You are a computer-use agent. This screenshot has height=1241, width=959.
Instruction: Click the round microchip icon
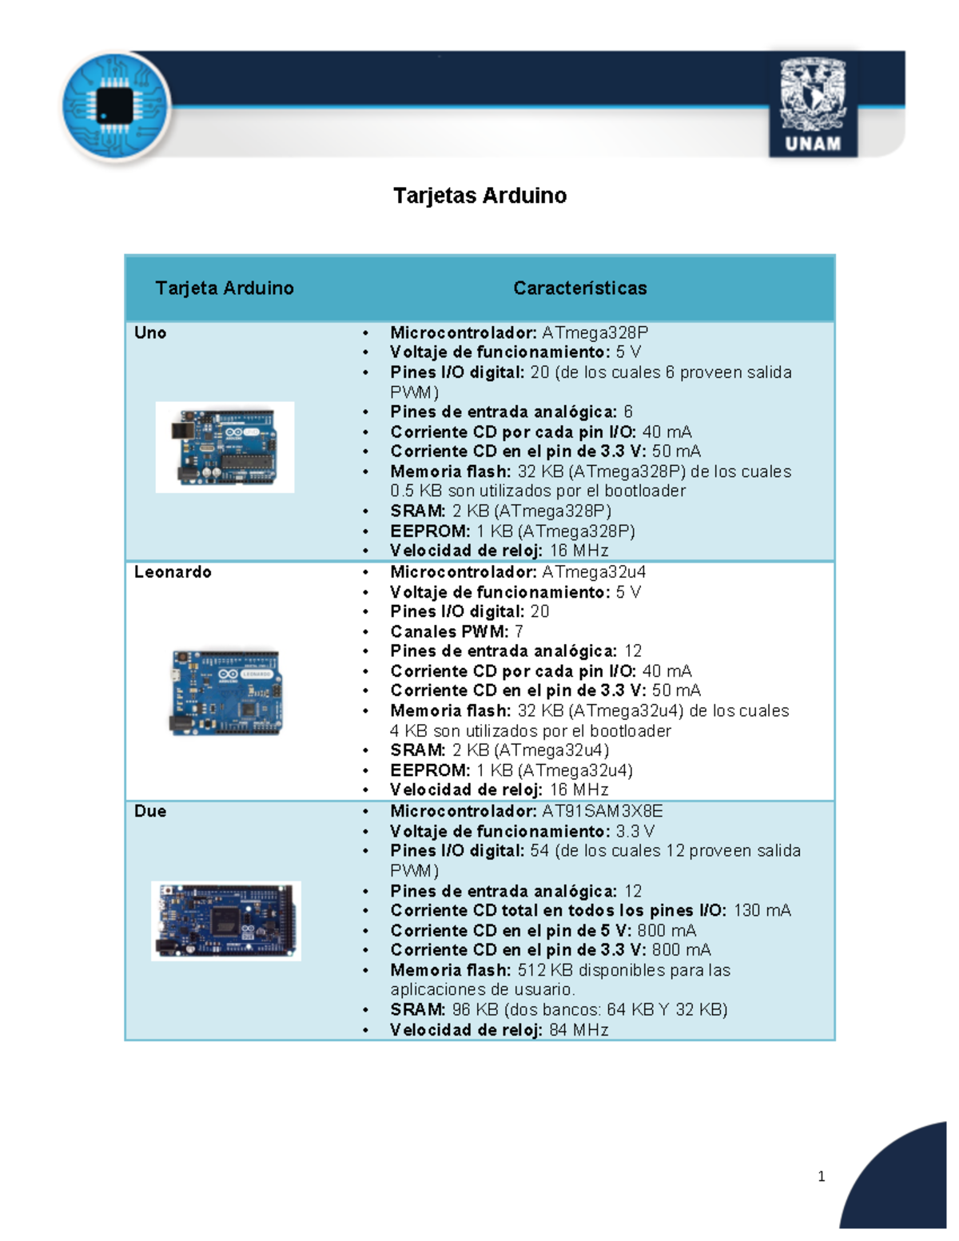[x=115, y=107]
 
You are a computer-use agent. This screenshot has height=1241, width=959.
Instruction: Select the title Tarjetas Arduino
[x=479, y=196]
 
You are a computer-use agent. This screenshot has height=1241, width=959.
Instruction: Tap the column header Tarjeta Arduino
[x=225, y=288]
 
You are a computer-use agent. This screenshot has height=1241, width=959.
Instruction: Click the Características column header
[x=580, y=288]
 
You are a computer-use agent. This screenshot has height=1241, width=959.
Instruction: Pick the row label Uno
[x=150, y=333]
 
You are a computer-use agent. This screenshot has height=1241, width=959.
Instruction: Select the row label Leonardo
[x=173, y=572]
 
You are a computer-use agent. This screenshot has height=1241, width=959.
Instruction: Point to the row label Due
[x=150, y=811]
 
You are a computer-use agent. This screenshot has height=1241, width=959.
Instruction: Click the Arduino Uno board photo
[x=225, y=447]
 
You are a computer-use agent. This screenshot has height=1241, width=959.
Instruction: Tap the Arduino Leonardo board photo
[x=226, y=692]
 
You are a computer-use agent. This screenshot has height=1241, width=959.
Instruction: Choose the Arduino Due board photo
[x=226, y=921]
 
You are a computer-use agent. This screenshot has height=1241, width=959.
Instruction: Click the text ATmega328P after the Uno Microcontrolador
[x=595, y=333]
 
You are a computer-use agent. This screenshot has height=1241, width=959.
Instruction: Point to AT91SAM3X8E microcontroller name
[x=603, y=811]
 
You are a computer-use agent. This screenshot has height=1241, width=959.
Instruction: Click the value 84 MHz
[x=579, y=1030]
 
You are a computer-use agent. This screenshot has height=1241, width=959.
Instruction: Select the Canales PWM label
[x=449, y=631]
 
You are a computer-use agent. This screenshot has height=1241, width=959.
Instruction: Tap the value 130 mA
[x=762, y=910]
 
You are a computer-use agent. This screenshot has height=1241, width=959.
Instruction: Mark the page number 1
[x=822, y=1176]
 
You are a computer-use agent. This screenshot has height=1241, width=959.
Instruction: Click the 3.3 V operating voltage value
[x=635, y=831]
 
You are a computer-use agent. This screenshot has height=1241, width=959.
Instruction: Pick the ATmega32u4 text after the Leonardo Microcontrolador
[x=595, y=572]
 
